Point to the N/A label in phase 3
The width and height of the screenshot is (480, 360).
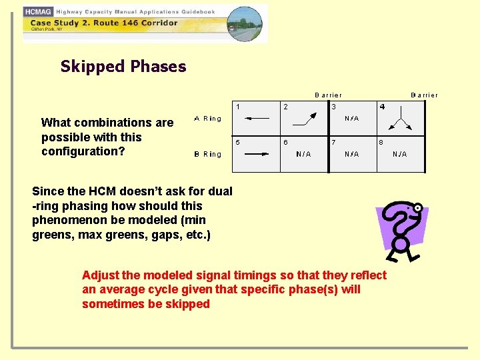351,119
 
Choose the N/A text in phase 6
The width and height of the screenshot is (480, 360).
303,154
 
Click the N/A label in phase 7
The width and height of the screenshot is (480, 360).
351,154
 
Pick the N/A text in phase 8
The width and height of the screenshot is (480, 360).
399,154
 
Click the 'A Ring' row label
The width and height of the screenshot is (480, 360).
207,119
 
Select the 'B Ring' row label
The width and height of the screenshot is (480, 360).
207,154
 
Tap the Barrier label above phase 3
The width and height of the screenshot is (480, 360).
328,95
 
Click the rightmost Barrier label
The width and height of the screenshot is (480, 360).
424,95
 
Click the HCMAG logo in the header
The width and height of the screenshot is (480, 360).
39,11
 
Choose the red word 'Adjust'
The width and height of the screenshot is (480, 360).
100,275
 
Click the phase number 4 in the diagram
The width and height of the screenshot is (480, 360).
382,107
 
